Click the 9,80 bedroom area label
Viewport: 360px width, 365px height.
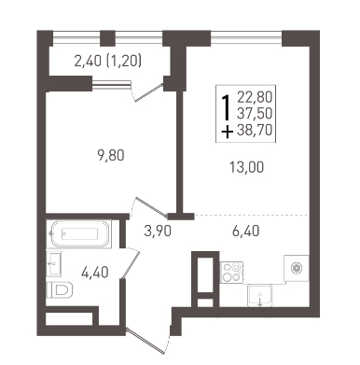[x=111, y=155]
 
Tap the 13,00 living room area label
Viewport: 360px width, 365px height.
[x=247, y=167]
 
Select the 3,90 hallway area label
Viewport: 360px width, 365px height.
[x=158, y=232]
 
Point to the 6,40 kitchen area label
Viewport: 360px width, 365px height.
[x=245, y=232]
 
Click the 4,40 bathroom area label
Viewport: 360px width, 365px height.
[x=95, y=273]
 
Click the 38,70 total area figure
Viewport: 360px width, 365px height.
[x=255, y=130]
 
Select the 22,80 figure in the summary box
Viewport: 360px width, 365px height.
[x=255, y=97]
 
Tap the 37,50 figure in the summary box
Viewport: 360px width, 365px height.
[x=255, y=113]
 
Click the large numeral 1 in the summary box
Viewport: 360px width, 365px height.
[x=227, y=107]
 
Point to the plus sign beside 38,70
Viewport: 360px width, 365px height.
[x=227, y=132]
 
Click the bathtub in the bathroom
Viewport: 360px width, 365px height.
[x=79, y=234]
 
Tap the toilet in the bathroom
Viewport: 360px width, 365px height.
[x=60, y=290]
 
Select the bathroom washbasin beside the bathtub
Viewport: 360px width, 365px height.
[x=54, y=263]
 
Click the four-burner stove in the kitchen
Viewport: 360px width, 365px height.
[x=231, y=272]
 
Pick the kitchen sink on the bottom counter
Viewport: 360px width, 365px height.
[x=260, y=295]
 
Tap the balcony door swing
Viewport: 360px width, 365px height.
[x=147, y=91]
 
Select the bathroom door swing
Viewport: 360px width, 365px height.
[x=131, y=262]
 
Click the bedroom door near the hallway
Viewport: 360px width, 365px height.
[x=148, y=207]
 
